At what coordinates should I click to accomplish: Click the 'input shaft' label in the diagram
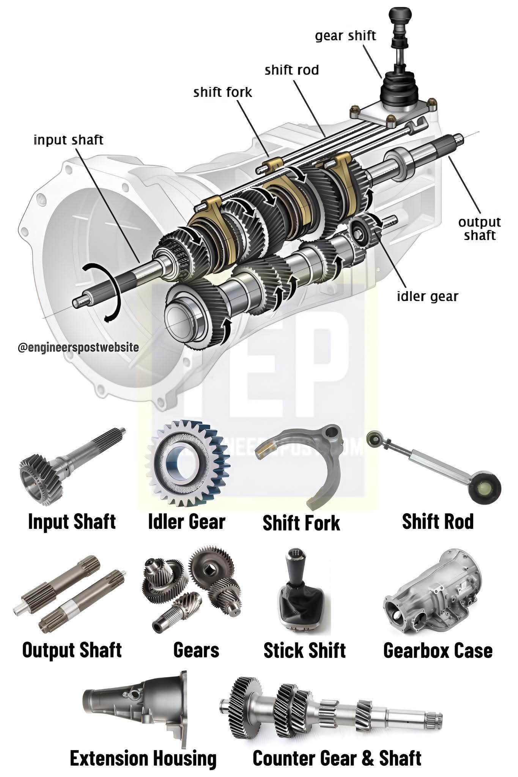click(68, 140)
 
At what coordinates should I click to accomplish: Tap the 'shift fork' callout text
click(222, 92)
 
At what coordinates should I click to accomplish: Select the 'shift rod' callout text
click(291, 70)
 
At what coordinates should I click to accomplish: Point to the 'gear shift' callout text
click(345, 36)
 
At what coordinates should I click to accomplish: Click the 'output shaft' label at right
click(479, 229)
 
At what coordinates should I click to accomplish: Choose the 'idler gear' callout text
click(427, 296)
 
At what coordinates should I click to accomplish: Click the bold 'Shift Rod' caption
click(438, 522)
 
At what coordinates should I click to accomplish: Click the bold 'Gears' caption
click(196, 650)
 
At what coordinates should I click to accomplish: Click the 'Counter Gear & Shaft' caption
click(337, 748)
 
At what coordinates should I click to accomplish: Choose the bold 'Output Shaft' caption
click(72, 650)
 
